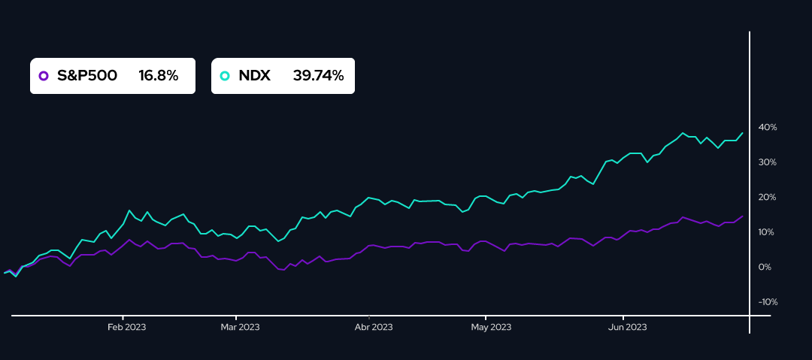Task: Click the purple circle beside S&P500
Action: [44, 76]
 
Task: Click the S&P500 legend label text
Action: [87, 76]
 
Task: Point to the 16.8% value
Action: [158, 76]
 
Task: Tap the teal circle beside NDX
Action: [224, 76]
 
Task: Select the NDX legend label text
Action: [254, 76]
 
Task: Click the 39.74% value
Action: [318, 76]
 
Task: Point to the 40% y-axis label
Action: [767, 127]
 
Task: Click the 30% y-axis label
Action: [767, 162]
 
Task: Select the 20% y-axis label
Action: [767, 197]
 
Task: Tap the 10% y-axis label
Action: [767, 232]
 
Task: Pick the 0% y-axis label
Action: [765, 267]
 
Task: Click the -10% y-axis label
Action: [768, 302]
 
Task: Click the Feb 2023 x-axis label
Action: [126, 327]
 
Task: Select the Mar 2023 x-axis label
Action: [239, 327]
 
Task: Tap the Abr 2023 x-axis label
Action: [373, 327]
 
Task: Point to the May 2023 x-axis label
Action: [491, 327]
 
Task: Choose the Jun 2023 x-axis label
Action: [627, 327]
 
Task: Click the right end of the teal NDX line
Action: [743, 133]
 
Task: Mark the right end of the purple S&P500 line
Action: [743, 216]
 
